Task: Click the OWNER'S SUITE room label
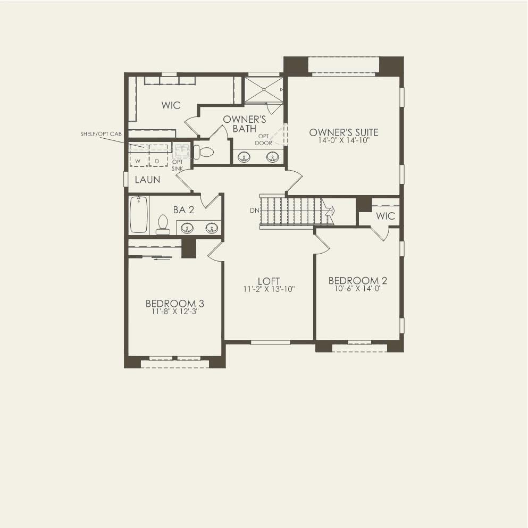[343, 132]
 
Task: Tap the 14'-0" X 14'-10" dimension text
[343, 140]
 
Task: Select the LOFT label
[269, 281]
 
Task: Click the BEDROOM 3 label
[175, 304]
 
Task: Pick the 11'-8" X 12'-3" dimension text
[175, 312]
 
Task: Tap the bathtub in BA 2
[139, 214]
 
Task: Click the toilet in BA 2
[163, 224]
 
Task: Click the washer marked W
[139, 156]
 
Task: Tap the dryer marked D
[158, 156]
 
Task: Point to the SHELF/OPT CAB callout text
[101, 134]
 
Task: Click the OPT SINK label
[177, 165]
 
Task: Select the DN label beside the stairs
[254, 211]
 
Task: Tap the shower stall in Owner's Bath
[264, 89]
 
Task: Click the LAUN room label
[147, 180]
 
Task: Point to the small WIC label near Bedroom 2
[385, 216]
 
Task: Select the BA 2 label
[183, 210]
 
